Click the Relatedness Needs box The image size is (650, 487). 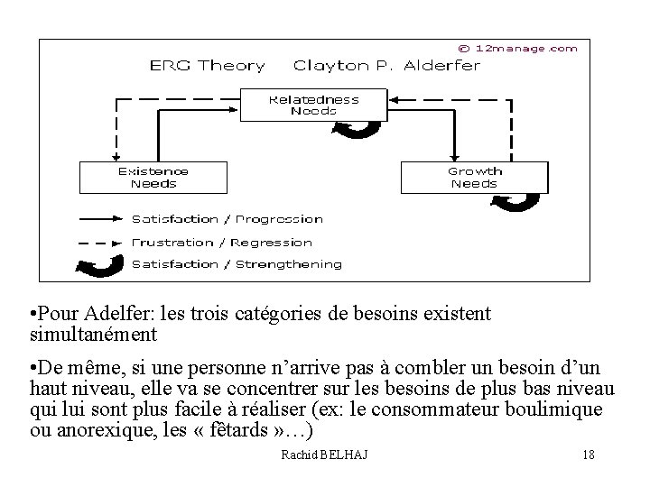(313, 105)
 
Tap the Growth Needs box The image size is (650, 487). (474, 177)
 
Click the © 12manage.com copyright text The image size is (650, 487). (517, 49)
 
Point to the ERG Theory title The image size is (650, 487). (207, 66)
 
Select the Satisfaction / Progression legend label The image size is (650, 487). (227, 219)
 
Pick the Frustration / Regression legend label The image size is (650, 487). (221, 243)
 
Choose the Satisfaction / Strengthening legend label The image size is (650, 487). (237, 264)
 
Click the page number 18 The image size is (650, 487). (589, 455)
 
